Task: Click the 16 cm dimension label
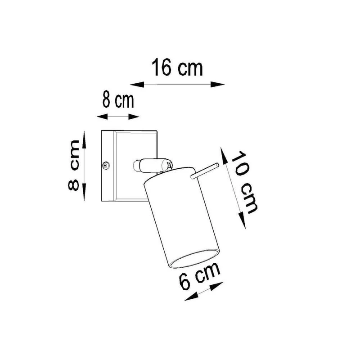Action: [x=177, y=67]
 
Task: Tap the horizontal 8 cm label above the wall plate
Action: [x=118, y=100]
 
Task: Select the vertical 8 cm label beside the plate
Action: [x=74, y=166]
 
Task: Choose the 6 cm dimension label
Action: [x=199, y=276]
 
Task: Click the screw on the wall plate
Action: [x=105, y=165]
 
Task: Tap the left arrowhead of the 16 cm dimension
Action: [x=137, y=85]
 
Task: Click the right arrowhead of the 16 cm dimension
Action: [x=217, y=85]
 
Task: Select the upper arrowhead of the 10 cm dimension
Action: [x=224, y=155]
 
